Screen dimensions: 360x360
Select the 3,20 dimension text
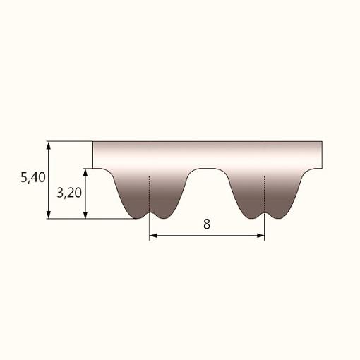pos(68,193)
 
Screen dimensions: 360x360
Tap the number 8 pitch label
pos(206,224)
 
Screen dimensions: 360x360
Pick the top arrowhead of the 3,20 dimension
pos(86,172)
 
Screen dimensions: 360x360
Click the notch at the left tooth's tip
pos(150,212)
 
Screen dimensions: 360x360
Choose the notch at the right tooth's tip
pos(264,212)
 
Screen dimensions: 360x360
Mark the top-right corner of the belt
pos(322,143)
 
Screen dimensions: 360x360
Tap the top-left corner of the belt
pos(93,143)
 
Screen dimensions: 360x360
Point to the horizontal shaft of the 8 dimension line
pos(184,237)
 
